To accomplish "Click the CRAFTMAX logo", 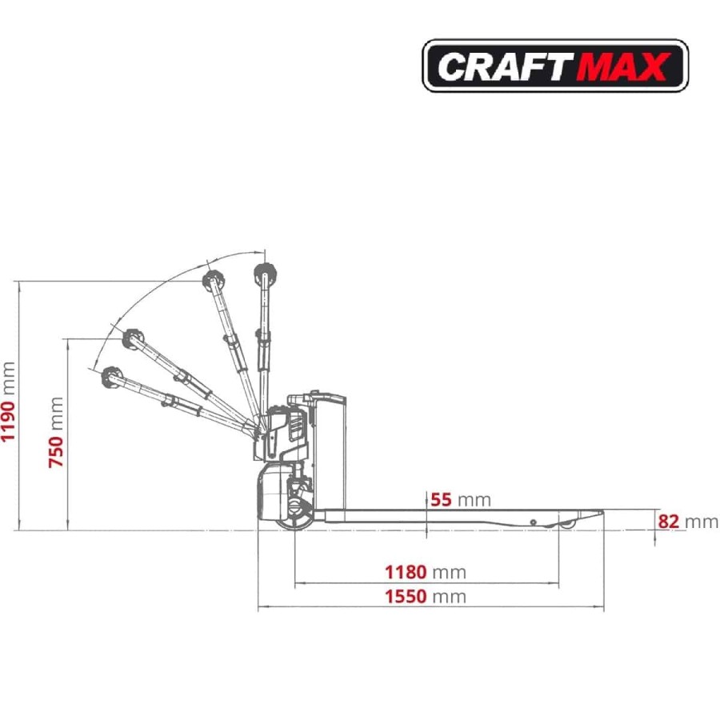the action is click(554, 66).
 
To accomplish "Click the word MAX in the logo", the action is click(622, 66).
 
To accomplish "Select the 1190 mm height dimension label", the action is click(8, 402).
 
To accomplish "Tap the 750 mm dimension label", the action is click(55, 432).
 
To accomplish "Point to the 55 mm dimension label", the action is click(460, 499).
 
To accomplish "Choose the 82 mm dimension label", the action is click(688, 522).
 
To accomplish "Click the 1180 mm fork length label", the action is click(426, 573).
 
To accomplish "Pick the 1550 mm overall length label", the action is click(426, 597).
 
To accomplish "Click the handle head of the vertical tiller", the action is click(265, 274).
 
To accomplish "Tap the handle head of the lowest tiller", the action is click(110, 378).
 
